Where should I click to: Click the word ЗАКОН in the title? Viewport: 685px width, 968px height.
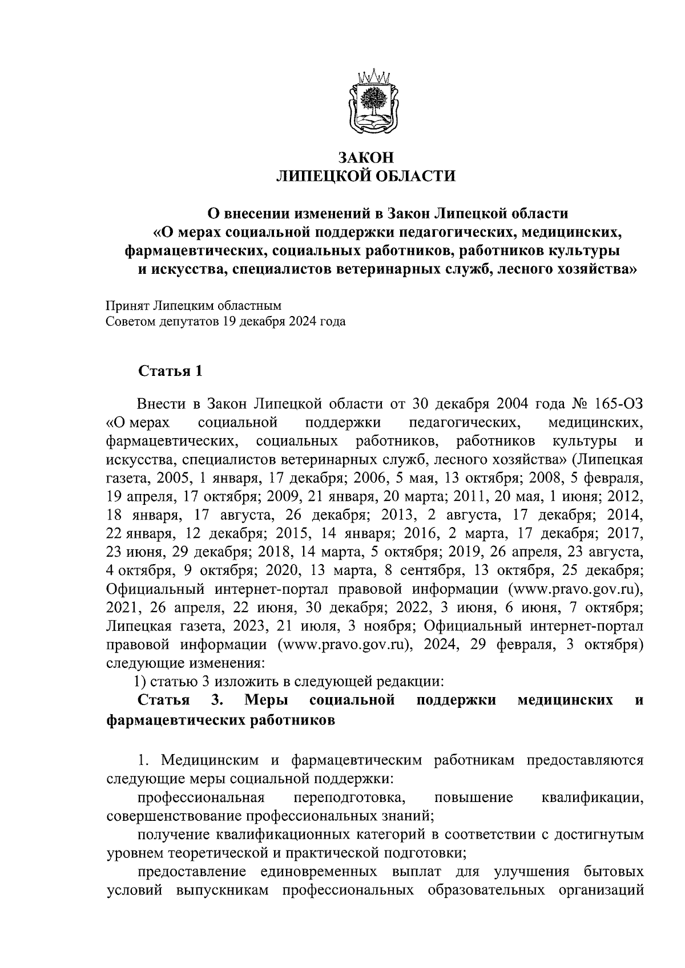click(x=366, y=158)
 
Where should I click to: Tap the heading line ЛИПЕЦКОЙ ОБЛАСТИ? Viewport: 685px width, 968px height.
click(x=366, y=176)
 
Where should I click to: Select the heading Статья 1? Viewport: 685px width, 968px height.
click(x=170, y=371)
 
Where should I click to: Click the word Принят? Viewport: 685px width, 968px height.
click(x=127, y=306)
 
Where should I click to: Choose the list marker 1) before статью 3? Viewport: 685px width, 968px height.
click(x=142, y=682)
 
